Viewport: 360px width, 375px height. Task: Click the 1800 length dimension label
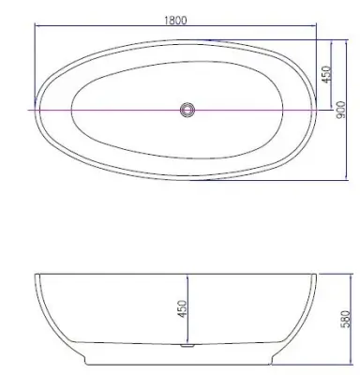pyautogui.click(x=175, y=20)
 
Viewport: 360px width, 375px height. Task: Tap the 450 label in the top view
pyautogui.click(x=326, y=74)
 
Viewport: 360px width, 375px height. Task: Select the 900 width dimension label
pyautogui.click(x=341, y=110)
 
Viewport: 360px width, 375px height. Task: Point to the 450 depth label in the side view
pyautogui.click(x=182, y=308)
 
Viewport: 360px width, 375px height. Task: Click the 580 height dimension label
pyautogui.click(x=346, y=319)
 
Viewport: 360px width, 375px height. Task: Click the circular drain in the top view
pyautogui.click(x=187, y=110)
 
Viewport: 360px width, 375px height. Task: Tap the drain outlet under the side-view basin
pyautogui.click(x=187, y=345)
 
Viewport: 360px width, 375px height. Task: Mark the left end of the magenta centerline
pyautogui.click(x=28, y=110)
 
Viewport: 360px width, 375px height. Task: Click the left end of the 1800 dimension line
pyautogui.click(x=35, y=25)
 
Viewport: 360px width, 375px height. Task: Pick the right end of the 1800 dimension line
pyautogui.click(x=317, y=25)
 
